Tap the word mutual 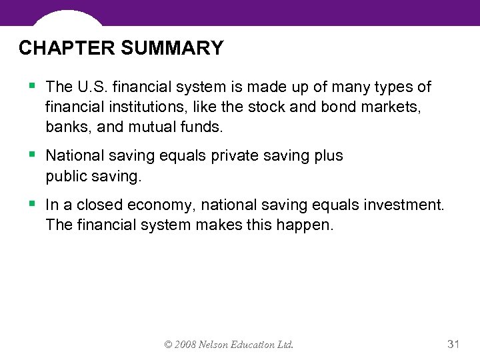[x=144, y=127]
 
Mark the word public [x=66, y=176]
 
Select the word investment [x=403, y=205]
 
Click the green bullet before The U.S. [x=33, y=86]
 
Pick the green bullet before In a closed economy [x=33, y=205]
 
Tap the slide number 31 [x=453, y=344]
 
